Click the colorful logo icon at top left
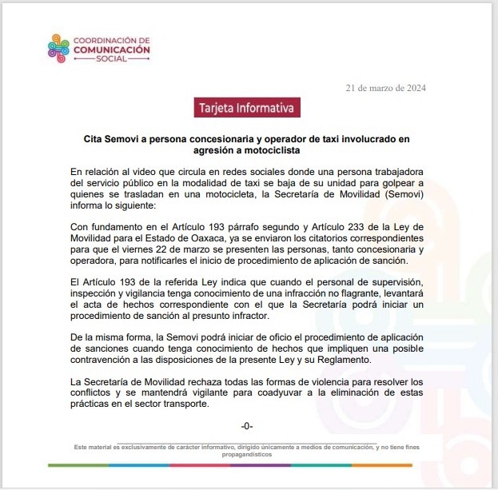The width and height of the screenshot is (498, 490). point(58,48)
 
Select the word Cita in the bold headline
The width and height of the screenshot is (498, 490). point(96,138)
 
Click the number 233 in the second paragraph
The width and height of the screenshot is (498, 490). point(362,228)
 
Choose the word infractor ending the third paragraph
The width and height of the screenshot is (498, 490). point(237,318)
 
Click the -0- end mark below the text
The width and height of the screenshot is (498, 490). point(247,426)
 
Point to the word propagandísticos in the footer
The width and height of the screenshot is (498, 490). point(246,453)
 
